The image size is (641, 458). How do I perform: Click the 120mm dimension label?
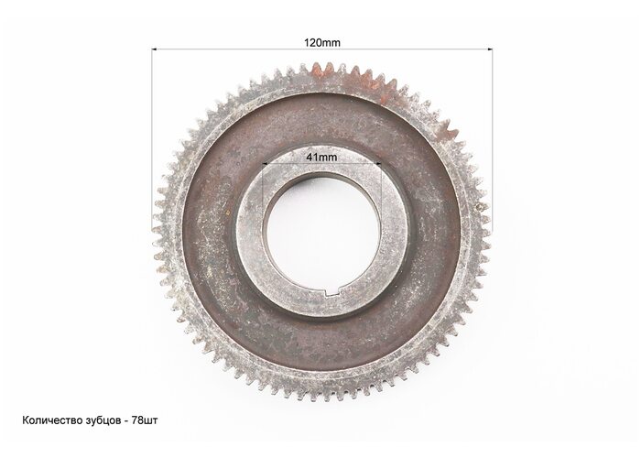(321, 42)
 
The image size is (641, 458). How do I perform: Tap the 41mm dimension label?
(321, 157)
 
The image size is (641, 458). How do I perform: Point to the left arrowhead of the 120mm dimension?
(155, 49)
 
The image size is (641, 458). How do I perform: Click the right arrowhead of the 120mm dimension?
(490, 49)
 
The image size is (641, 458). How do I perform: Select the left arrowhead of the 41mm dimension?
(265, 164)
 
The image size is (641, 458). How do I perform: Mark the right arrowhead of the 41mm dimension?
(378, 164)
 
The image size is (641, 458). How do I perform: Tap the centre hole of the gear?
(322, 233)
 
